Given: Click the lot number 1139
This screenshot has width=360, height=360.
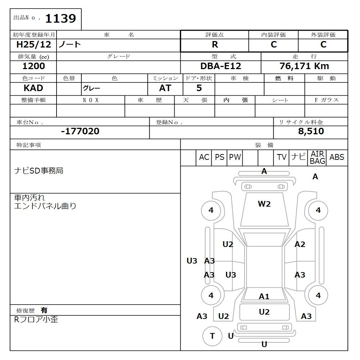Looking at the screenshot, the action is (60, 18).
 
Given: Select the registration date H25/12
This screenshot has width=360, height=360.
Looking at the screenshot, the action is (33, 44).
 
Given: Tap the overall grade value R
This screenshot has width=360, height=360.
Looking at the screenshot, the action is (215, 45).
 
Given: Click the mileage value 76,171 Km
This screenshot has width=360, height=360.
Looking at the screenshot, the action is (304, 66).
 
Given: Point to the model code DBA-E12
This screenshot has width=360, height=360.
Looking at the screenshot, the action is (221, 66).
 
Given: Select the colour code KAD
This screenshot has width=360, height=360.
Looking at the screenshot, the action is (33, 88).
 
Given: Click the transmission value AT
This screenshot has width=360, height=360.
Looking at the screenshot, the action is (165, 88).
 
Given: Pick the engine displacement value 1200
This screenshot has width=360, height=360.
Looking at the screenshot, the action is (33, 66).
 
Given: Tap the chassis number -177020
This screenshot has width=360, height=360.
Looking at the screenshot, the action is (80, 131).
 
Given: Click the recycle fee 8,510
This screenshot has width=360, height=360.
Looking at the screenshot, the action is (311, 131).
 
